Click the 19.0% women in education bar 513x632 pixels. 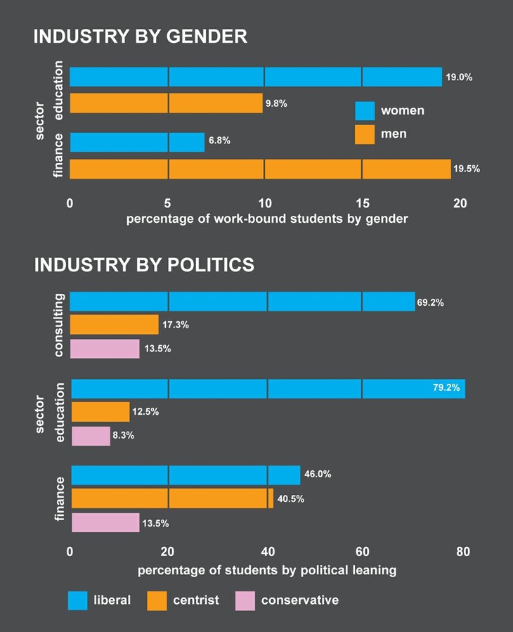255,77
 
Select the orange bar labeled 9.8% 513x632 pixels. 166,103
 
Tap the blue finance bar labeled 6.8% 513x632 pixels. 137,142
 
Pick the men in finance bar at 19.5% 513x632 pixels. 260,169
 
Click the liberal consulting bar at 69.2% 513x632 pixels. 242,302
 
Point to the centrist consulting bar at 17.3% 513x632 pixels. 114,325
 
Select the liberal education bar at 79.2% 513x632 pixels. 268,389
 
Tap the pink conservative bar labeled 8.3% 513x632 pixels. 91,436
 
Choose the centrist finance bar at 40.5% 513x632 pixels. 172,498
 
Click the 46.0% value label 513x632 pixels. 317,475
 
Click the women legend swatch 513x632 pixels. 364,111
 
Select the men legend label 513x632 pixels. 394,134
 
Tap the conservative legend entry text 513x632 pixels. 299,600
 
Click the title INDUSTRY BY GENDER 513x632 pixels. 140,37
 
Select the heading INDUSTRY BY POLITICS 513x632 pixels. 144,264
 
